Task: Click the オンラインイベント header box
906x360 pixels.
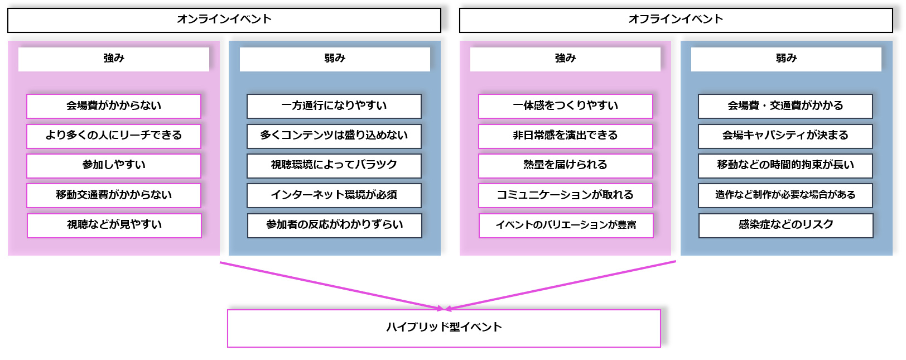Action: (x=224, y=20)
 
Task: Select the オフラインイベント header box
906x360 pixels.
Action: (x=676, y=20)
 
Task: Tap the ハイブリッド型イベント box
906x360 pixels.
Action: (x=444, y=328)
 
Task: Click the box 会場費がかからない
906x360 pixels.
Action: (x=114, y=106)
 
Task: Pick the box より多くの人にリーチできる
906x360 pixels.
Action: (x=114, y=136)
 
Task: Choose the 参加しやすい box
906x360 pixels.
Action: (x=114, y=165)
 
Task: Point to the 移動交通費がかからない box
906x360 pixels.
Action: (x=114, y=195)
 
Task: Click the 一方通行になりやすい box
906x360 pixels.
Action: (x=334, y=106)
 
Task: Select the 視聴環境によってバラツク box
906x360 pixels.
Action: (x=334, y=165)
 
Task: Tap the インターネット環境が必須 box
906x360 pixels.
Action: (x=334, y=195)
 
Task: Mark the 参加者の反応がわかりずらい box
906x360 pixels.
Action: (x=334, y=225)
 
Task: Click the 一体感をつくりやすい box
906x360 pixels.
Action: (x=565, y=106)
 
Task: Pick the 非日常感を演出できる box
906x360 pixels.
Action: (x=565, y=136)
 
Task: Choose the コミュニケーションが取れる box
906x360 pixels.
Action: (x=565, y=195)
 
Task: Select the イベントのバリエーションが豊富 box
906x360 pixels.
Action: (x=566, y=225)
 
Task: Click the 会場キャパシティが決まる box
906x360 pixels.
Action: (x=785, y=136)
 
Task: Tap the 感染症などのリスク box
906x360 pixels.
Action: (x=785, y=225)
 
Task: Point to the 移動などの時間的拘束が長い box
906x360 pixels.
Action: (x=785, y=165)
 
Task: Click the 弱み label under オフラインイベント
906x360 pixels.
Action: (x=786, y=59)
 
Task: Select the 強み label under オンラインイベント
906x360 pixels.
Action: (x=114, y=59)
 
